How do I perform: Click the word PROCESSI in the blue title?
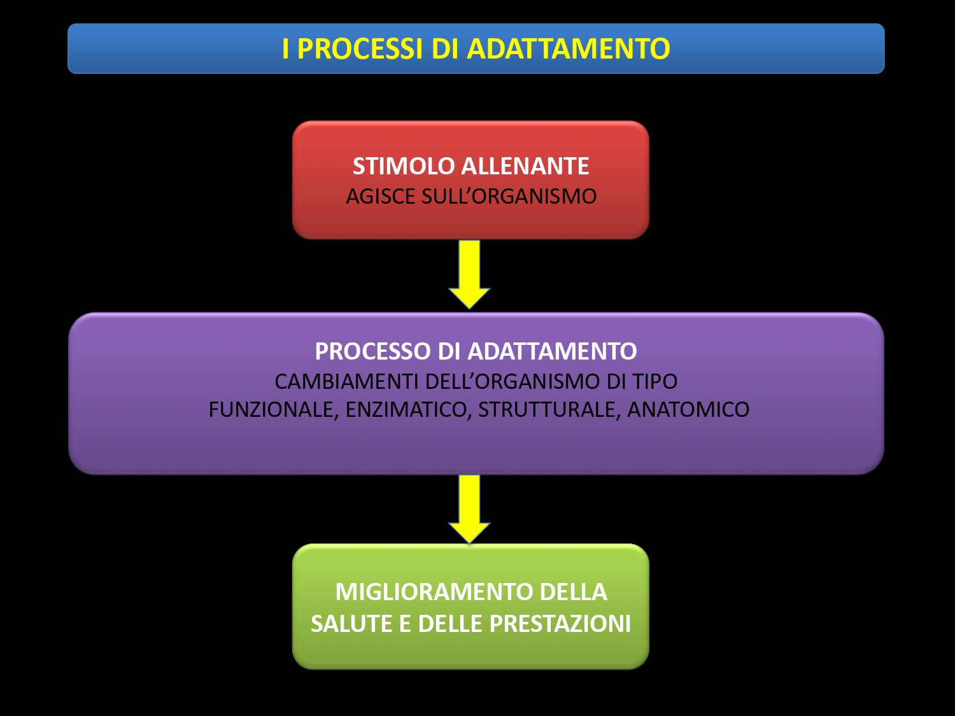[360, 48]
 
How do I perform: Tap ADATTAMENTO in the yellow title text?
[568, 48]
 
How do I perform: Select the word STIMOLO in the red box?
[403, 166]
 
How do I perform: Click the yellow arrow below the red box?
[469, 274]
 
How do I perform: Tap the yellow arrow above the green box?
[469, 509]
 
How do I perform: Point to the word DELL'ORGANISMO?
[512, 382]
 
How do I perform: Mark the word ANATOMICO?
[688, 409]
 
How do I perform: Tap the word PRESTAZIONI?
[560, 624]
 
